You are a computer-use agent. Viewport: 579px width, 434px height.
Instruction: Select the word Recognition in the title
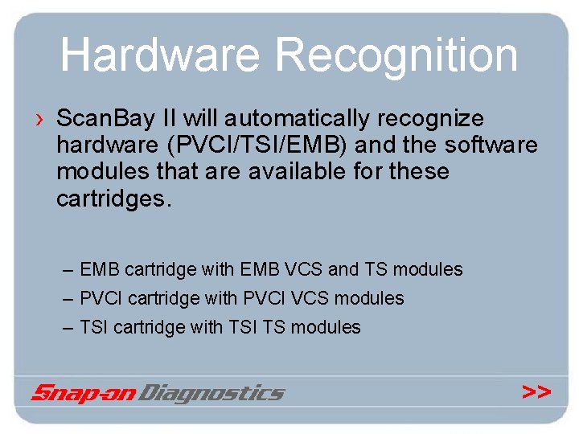(x=396, y=55)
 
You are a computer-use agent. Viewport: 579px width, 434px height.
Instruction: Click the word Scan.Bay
(x=105, y=119)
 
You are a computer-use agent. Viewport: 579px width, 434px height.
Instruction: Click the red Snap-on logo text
(x=84, y=393)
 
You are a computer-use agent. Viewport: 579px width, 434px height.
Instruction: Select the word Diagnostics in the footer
(x=212, y=393)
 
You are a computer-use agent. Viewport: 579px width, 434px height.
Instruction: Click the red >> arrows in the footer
(x=536, y=391)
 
